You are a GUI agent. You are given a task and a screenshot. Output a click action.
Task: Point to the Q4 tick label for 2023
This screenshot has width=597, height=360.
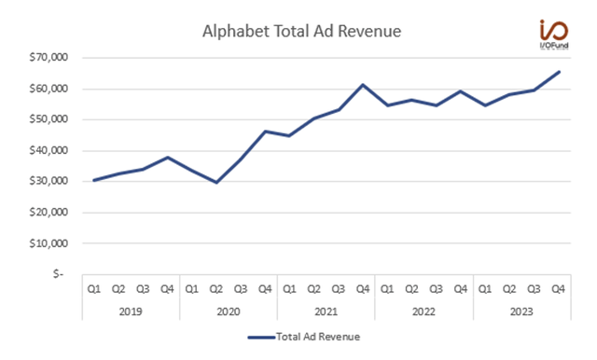pyautogui.click(x=556, y=288)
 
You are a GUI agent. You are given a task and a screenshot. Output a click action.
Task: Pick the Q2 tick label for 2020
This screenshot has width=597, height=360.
pyautogui.click(x=215, y=288)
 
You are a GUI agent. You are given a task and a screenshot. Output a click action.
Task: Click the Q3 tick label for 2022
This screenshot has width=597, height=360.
pyautogui.click(x=434, y=288)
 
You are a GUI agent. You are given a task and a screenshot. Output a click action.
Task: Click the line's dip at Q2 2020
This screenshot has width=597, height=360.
pyautogui.click(x=215, y=183)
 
